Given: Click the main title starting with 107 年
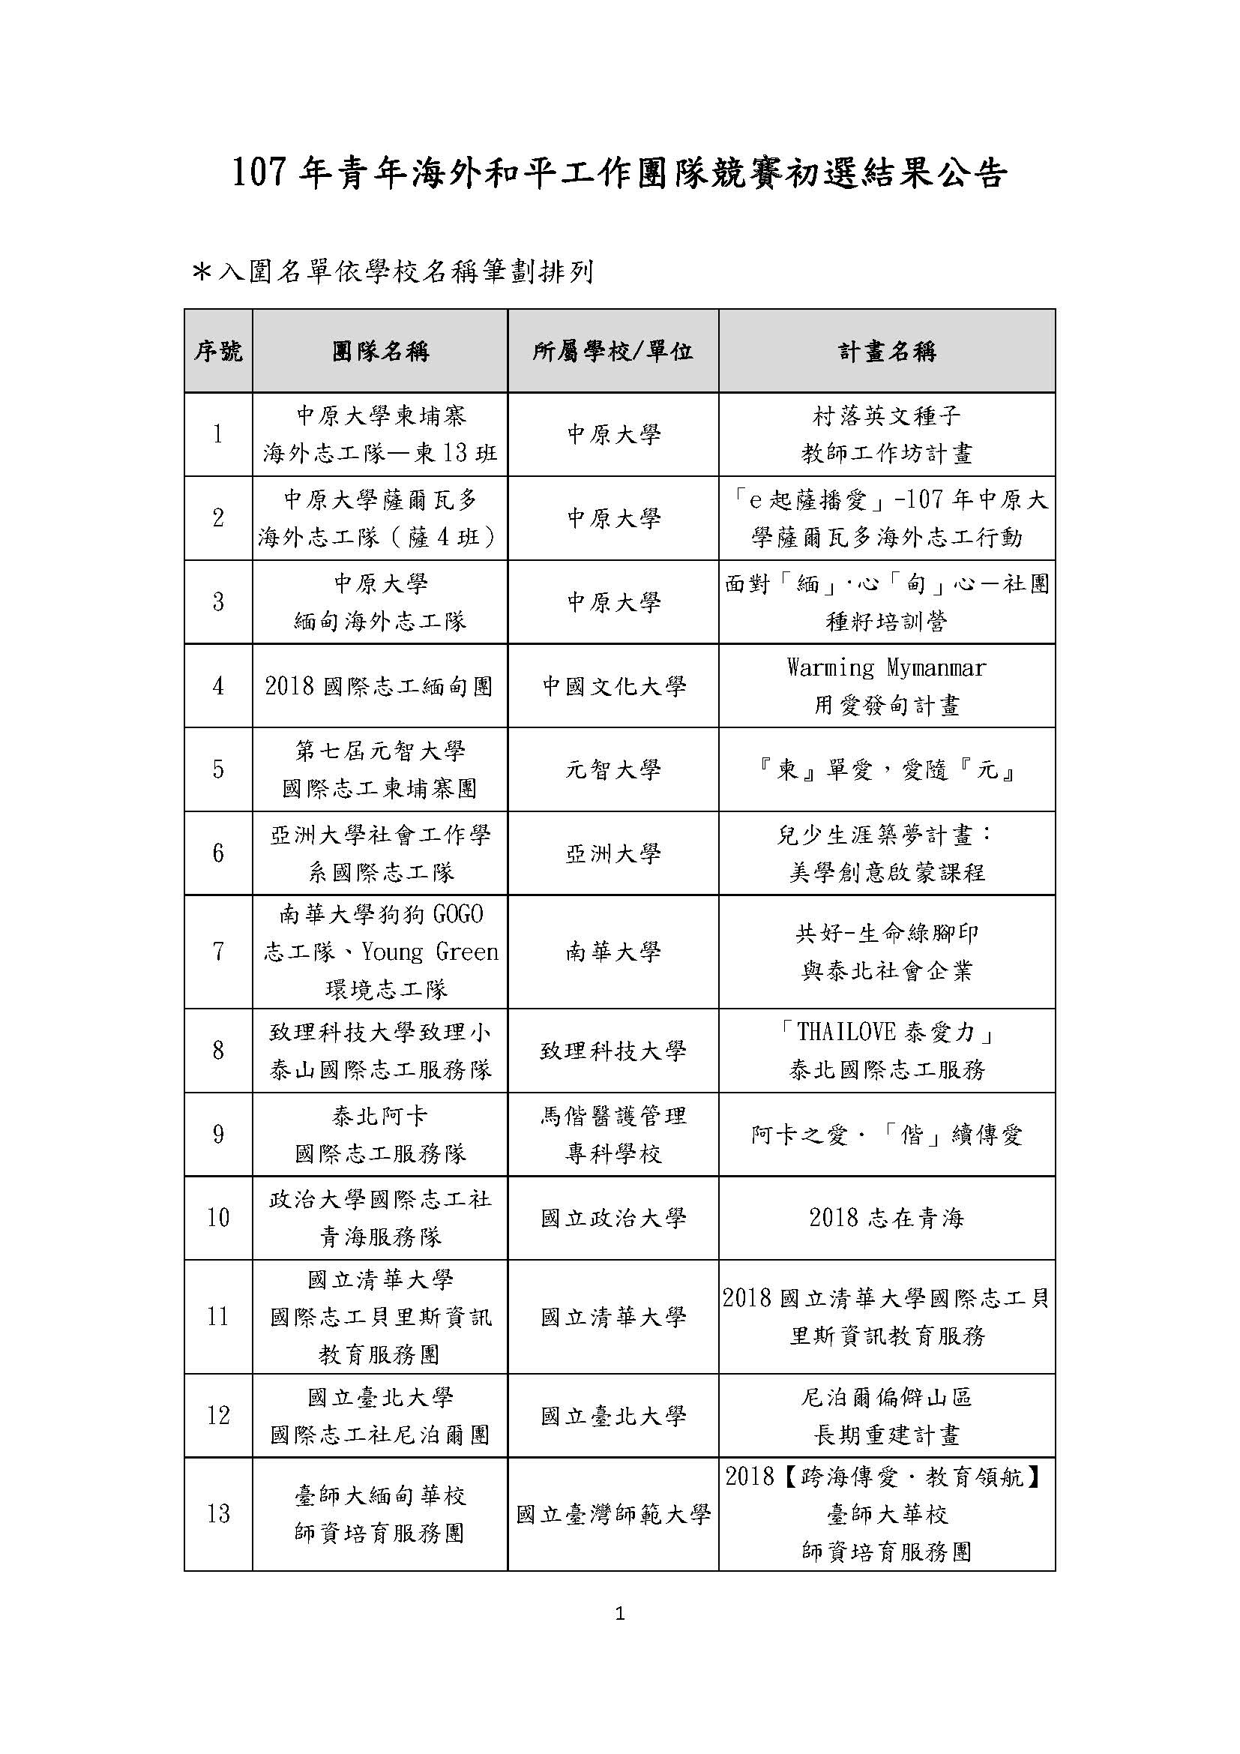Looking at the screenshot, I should [x=619, y=174].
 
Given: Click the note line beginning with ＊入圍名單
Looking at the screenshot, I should [x=394, y=272].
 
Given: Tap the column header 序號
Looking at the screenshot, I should [x=218, y=352].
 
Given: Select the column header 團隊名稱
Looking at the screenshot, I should [x=380, y=352].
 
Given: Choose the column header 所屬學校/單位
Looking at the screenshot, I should [x=613, y=352].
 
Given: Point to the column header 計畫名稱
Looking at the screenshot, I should [x=886, y=352].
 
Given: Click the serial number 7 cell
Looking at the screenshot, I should [x=218, y=952].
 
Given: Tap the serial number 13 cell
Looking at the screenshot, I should [x=218, y=1513].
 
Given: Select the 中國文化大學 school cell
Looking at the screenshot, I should [x=613, y=686].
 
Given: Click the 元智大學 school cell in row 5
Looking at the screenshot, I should [x=613, y=769].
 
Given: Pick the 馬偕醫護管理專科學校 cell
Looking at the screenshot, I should [x=613, y=1135].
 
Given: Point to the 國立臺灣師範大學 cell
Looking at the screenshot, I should [x=613, y=1514].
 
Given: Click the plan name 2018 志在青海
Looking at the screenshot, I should [x=886, y=1218].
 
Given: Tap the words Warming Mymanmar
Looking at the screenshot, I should [x=886, y=667].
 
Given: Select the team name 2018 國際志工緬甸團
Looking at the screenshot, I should [x=379, y=686].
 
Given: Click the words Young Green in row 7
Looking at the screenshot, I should [x=430, y=952].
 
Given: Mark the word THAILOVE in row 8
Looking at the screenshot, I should [x=846, y=1032].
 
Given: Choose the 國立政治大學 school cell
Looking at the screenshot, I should [x=613, y=1218].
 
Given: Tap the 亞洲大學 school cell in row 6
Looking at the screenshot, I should [x=613, y=853].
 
